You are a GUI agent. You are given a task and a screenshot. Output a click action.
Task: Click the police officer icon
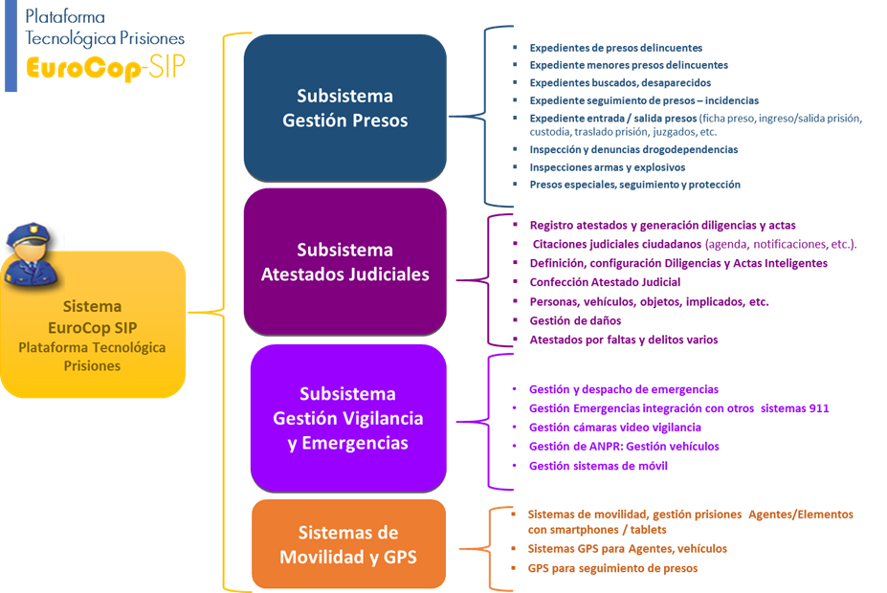tap(32, 256)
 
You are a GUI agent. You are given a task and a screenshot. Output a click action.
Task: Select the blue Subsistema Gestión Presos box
tap(344, 108)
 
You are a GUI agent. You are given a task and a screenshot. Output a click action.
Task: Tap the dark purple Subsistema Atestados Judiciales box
tap(344, 261)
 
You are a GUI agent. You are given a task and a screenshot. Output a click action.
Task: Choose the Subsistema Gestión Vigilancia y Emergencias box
tap(347, 418)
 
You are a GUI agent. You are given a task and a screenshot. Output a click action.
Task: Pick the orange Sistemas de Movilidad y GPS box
tap(348, 543)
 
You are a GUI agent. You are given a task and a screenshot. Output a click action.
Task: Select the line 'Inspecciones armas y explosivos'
tap(607, 166)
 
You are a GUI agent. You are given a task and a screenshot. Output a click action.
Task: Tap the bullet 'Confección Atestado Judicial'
tap(605, 282)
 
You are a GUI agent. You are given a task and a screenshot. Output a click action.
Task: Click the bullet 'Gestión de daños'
tap(575, 320)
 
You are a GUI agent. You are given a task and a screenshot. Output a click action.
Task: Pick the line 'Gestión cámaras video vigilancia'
tap(614, 428)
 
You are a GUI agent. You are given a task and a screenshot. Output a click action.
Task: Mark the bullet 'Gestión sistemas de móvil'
tap(598, 466)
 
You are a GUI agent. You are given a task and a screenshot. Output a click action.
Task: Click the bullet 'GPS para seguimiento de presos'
tap(612, 568)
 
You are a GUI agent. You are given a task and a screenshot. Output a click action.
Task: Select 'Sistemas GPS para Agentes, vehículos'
tap(627, 549)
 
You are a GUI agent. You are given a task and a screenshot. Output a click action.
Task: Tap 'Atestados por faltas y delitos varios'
tap(623, 340)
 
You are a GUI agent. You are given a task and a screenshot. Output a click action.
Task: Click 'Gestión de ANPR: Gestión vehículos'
tap(624, 447)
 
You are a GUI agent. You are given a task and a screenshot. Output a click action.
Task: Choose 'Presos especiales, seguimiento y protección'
tap(634, 184)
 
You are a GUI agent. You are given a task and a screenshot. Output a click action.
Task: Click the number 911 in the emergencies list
tap(817, 408)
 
